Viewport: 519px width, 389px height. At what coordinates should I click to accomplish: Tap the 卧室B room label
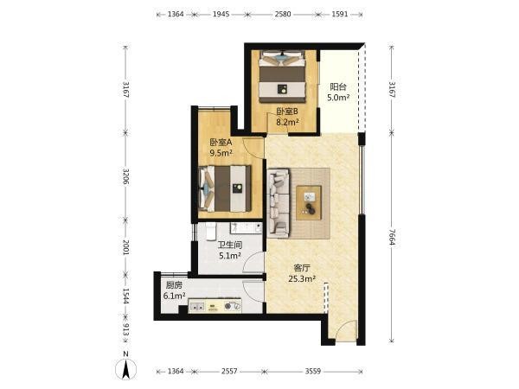pyautogui.click(x=287, y=112)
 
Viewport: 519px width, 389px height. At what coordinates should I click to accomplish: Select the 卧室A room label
pyautogui.click(x=221, y=143)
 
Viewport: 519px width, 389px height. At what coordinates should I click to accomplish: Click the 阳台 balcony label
pyautogui.click(x=338, y=87)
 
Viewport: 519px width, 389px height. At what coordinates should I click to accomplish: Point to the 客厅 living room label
pyautogui.click(x=302, y=268)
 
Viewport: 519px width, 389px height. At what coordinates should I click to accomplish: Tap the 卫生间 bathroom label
pyautogui.click(x=230, y=246)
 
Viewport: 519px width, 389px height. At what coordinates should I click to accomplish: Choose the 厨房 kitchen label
pyautogui.click(x=174, y=285)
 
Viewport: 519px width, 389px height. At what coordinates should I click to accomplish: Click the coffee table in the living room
pyautogui.click(x=309, y=203)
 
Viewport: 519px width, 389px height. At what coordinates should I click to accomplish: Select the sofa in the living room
pyautogui.click(x=279, y=203)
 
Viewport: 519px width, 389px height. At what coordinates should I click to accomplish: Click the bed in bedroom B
pyautogui.click(x=282, y=77)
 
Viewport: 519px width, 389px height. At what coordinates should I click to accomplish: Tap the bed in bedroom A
pyautogui.click(x=225, y=188)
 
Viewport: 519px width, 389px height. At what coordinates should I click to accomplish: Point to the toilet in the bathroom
pyautogui.click(x=211, y=231)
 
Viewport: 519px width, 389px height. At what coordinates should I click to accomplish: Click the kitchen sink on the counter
pyautogui.click(x=198, y=307)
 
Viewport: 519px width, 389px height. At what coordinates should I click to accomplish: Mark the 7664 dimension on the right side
pyautogui.click(x=392, y=237)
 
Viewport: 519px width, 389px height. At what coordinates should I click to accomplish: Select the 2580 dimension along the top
pyautogui.click(x=283, y=14)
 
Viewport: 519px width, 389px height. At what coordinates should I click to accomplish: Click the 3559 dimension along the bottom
pyautogui.click(x=313, y=371)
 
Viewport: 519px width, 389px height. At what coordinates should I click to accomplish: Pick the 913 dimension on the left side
pyautogui.click(x=125, y=329)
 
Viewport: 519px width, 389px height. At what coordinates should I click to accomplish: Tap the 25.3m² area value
pyautogui.click(x=302, y=279)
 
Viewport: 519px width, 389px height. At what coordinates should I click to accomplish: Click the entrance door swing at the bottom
pyautogui.click(x=346, y=331)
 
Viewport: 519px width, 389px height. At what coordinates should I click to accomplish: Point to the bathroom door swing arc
pyautogui.click(x=253, y=262)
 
